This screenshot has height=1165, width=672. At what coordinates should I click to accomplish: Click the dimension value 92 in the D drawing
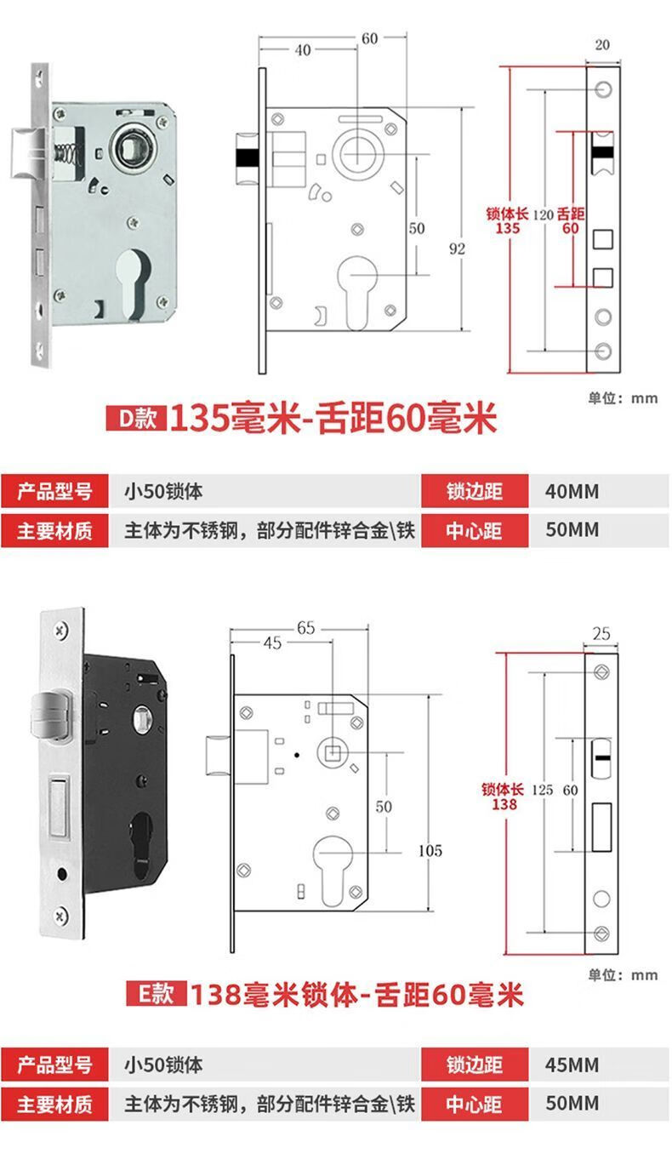pos(458,248)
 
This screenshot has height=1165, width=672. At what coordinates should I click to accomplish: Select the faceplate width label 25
pos(601,633)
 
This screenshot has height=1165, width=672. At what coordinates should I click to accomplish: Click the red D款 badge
pos(134,420)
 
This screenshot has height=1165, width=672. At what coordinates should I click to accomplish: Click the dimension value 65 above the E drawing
pos(306,628)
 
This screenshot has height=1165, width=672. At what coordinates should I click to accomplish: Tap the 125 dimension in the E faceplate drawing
pos(542,790)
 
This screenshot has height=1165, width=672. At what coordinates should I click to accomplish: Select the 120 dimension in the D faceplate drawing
pos(543,215)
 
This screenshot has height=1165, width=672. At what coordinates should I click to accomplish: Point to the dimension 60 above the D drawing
pos(369,38)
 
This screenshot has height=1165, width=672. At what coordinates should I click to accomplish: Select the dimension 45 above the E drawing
pos(271,643)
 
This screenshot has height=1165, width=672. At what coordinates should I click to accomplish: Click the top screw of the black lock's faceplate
pos(61,631)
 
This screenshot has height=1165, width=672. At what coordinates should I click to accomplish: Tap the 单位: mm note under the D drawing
pos(622,397)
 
